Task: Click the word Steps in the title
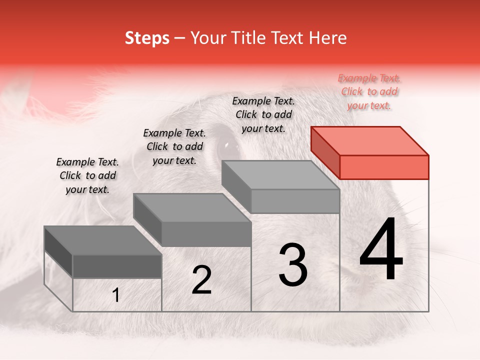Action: point(147,38)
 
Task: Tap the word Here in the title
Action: point(327,38)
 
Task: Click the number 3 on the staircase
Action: point(293,265)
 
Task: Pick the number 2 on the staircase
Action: point(201,280)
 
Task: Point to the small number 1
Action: point(116,295)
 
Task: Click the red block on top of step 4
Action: point(384,166)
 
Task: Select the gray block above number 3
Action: point(295,200)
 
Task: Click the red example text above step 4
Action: point(369,91)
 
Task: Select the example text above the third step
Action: point(263,114)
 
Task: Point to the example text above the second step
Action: point(174,146)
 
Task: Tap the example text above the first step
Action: point(87,175)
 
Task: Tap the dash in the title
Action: point(179,38)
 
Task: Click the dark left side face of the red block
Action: point(325,152)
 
